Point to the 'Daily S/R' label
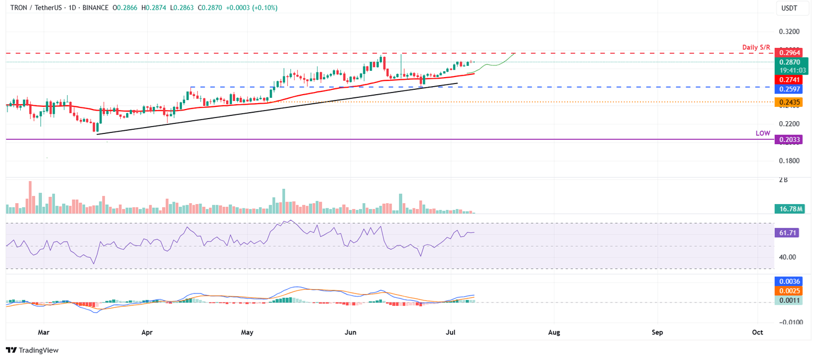click(756, 48)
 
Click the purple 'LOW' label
click(763, 133)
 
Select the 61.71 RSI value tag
click(788, 233)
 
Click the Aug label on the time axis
click(554, 332)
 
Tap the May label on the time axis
click(247, 332)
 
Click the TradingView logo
click(32, 350)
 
